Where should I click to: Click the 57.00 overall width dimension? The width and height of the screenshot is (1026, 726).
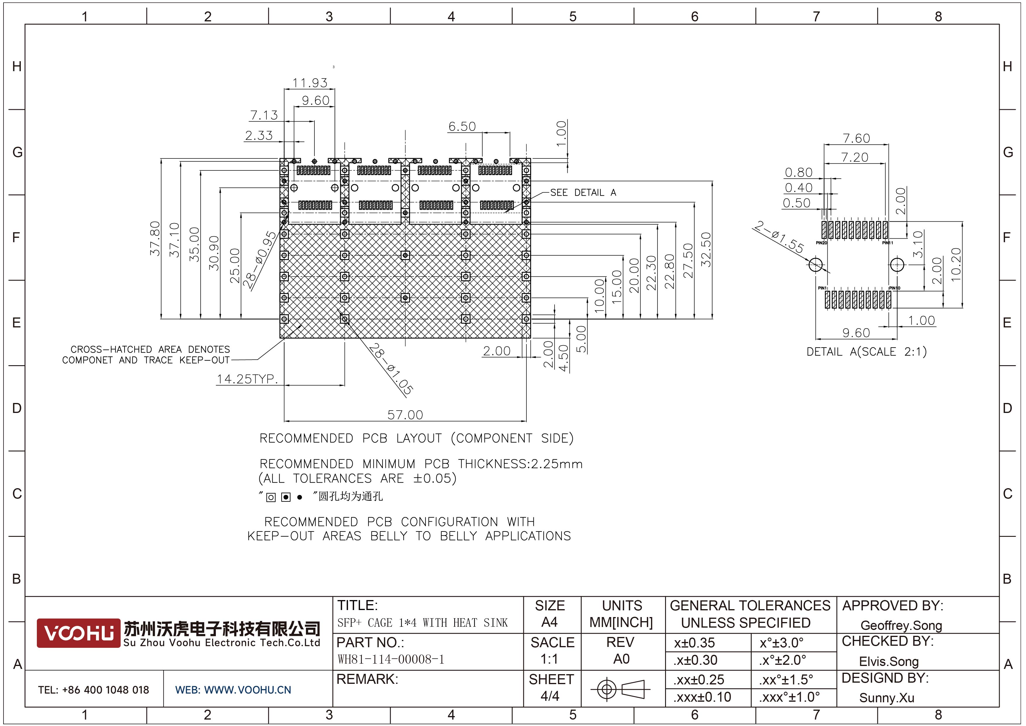point(405,415)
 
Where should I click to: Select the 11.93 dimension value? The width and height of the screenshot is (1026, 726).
point(310,83)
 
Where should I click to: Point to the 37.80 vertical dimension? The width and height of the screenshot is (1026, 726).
point(155,238)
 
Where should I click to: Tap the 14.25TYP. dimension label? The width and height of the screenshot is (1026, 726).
point(247,379)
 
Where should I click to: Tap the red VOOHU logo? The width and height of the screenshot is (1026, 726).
point(78,633)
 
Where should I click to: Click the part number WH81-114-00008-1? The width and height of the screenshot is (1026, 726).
point(390,659)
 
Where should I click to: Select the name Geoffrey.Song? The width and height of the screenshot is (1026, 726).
point(901,625)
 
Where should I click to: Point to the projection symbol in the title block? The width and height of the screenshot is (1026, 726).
point(620,689)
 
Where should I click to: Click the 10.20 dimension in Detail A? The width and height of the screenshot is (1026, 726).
point(956,264)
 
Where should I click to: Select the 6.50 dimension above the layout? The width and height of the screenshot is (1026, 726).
point(462,127)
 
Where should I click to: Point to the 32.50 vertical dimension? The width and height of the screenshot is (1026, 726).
point(706,250)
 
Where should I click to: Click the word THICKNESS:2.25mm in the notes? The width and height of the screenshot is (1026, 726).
point(520,464)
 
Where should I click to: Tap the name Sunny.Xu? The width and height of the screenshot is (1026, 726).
point(886,698)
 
